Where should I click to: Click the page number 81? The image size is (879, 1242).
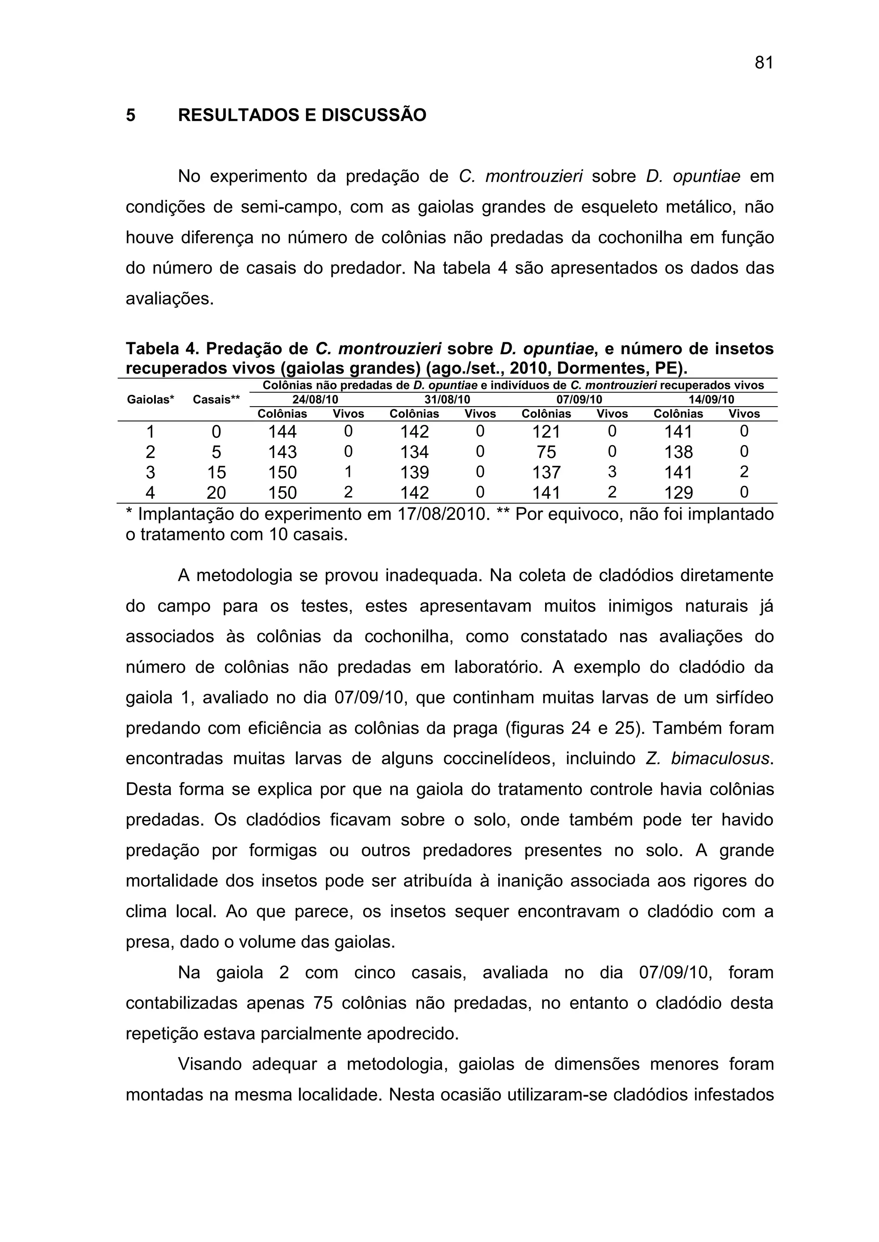point(764,63)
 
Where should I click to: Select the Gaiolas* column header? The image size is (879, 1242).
point(151,400)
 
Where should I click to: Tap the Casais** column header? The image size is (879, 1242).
point(216,400)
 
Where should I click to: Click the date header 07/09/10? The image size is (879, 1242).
point(579,400)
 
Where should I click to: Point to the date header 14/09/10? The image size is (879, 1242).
point(711,400)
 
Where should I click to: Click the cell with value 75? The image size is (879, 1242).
point(546,452)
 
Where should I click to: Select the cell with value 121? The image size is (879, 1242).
point(546,432)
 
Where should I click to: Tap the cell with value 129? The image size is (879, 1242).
point(678,493)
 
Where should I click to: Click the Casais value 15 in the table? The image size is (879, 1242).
point(216,472)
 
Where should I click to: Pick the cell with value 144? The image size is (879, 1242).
point(282,432)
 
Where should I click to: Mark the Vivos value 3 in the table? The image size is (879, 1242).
point(612,472)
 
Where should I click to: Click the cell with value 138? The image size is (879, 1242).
point(678,452)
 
